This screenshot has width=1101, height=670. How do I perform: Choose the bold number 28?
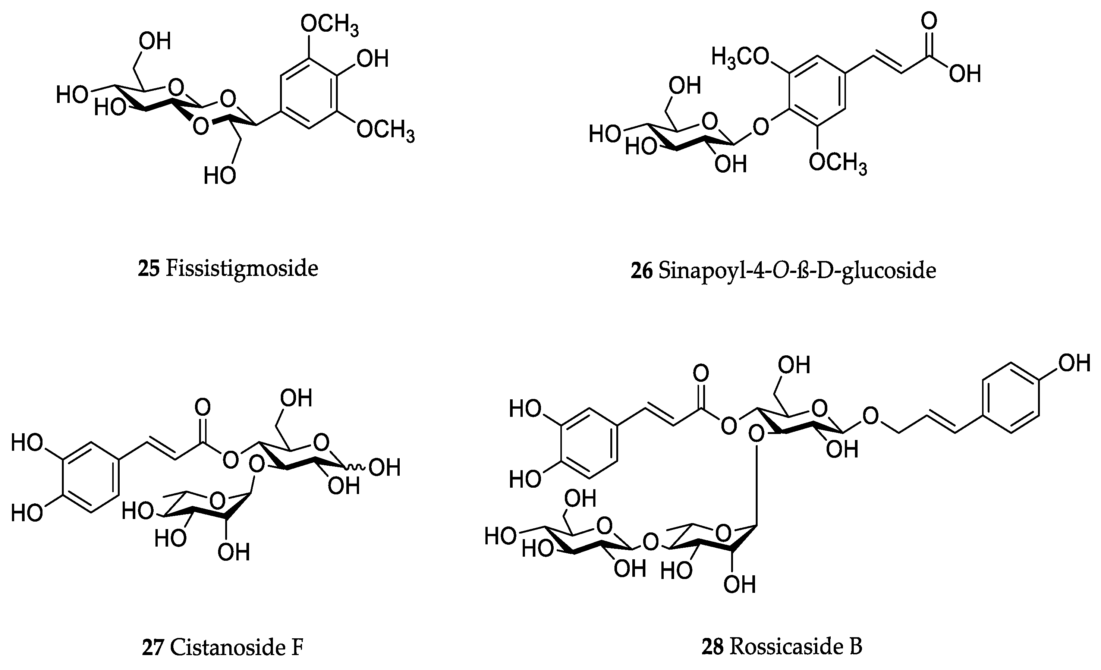pos(712,646)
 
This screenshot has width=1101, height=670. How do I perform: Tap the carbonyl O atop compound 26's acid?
pos(929,21)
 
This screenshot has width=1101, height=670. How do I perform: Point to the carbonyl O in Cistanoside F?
pos(202,407)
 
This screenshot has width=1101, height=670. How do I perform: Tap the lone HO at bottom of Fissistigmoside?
pos(219,176)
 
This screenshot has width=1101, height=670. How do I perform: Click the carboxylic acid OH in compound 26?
pos(965,73)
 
